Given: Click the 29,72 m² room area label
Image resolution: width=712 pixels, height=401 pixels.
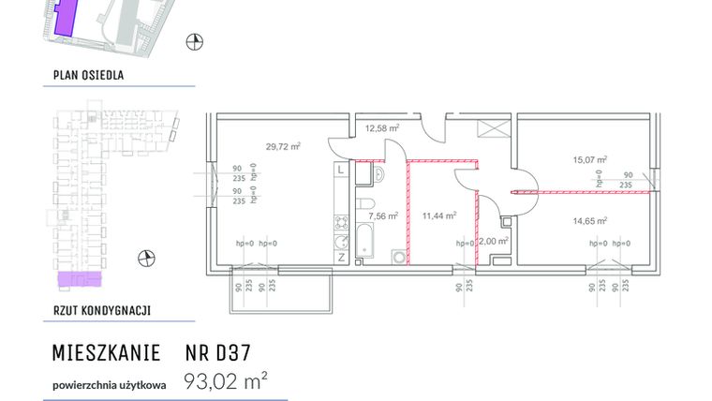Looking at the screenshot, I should tap(282, 146).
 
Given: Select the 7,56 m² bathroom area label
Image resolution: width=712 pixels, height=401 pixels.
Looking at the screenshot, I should tap(383, 215).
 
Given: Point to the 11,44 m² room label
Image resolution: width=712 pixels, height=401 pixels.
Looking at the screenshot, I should tap(438, 215).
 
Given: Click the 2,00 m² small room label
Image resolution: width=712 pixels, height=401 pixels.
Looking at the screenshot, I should tap(493, 241).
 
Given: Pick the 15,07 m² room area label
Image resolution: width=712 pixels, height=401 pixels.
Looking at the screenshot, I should tap(590, 159).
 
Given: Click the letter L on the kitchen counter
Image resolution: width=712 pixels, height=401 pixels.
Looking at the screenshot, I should tap(341, 171).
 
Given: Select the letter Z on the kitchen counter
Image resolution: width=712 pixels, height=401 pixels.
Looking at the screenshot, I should tap(341, 256).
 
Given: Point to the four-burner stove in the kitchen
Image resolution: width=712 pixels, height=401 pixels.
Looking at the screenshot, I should tap(341, 224).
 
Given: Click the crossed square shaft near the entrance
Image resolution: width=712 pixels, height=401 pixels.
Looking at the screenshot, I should tap(490, 130).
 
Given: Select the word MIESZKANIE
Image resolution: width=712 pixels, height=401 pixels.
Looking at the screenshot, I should tap(106, 353).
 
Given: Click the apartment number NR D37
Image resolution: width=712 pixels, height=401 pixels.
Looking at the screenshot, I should tap(218, 353).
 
